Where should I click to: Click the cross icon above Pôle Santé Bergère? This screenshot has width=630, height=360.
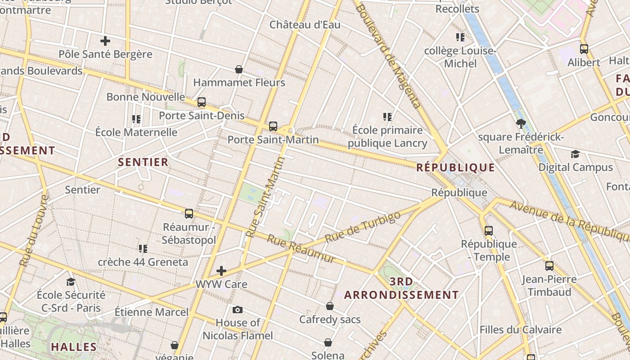(x=105, y=41)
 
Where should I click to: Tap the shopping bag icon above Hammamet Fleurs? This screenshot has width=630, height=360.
(x=239, y=69)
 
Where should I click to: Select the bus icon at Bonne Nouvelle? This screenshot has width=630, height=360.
(x=202, y=102)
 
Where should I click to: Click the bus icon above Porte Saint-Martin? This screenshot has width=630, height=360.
(x=273, y=126)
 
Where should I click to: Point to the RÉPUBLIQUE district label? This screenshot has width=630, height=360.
(x=455, y=168)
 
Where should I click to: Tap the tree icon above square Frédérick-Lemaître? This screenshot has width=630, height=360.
(x=521, y=124)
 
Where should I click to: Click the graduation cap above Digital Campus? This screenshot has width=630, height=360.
(x=575, y=154)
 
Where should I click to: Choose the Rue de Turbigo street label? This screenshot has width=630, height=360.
(x=362, y=227)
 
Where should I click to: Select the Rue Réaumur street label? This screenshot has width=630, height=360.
(x=301, y=249)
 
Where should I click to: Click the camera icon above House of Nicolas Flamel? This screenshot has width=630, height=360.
(x=238, y=310)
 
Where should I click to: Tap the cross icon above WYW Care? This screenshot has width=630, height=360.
(x=221, y=271)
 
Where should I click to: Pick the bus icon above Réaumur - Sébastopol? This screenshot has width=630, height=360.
(x=189, y=213)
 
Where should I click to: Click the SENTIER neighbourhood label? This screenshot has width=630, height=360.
(x=143, y=162)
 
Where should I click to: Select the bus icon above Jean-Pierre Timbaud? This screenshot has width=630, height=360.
(x=549, y=265)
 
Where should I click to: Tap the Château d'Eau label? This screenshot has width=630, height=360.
(x=305, y=25)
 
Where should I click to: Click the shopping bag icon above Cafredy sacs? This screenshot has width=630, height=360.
(x=330, y=306)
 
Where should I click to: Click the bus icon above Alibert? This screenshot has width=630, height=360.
(x=584, y=49)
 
